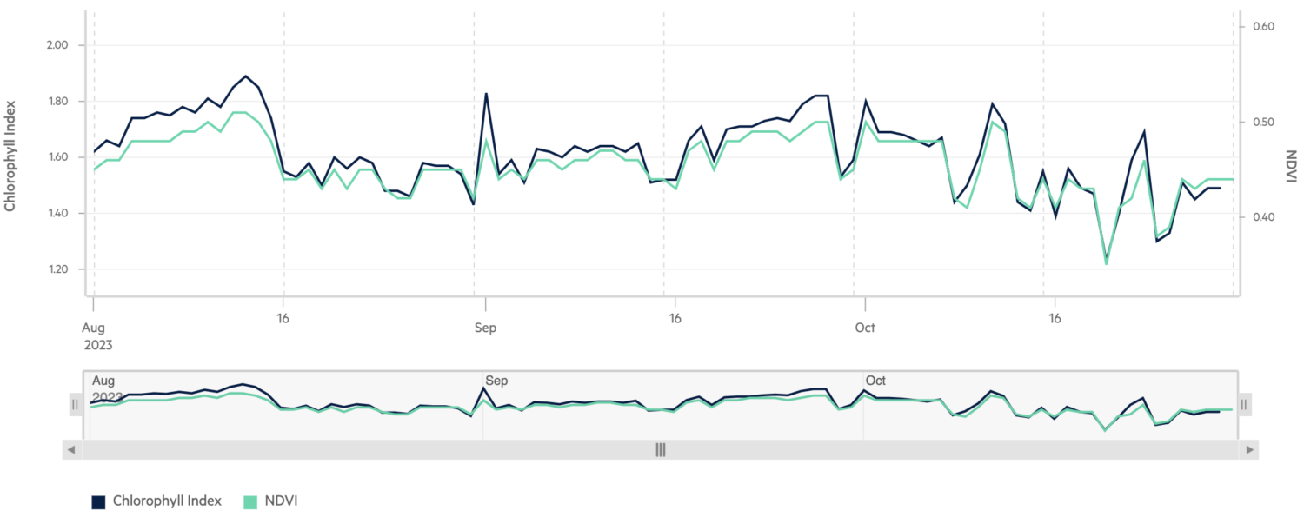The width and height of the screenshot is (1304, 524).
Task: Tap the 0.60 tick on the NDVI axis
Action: tap(1262, 27)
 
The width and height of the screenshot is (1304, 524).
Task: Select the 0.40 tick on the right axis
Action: tap(1262, 217)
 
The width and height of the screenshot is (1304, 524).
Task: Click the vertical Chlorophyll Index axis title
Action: tap(10, 157)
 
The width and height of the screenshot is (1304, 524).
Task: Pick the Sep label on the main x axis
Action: tap(485, 328)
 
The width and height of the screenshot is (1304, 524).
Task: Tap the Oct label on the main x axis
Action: tap(865, 328)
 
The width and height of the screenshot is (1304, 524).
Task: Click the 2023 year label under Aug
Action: tap(97, 344)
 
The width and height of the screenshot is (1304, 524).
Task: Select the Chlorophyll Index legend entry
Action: tap(167, 501)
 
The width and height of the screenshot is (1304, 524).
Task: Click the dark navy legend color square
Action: tap(98, 501)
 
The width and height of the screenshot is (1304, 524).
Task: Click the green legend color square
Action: tap(250, 501)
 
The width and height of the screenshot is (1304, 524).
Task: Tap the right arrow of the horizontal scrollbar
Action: tap(1249, 449)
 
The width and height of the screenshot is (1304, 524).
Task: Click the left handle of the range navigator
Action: tap(76, 404)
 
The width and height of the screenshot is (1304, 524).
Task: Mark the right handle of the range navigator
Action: tap(1244, 404)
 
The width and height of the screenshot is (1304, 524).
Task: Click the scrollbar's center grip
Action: tap(661, 449)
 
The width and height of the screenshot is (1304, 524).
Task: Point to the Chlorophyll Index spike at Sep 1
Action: tap(486, 94)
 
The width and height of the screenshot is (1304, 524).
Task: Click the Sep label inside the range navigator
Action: tap(496, 381)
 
